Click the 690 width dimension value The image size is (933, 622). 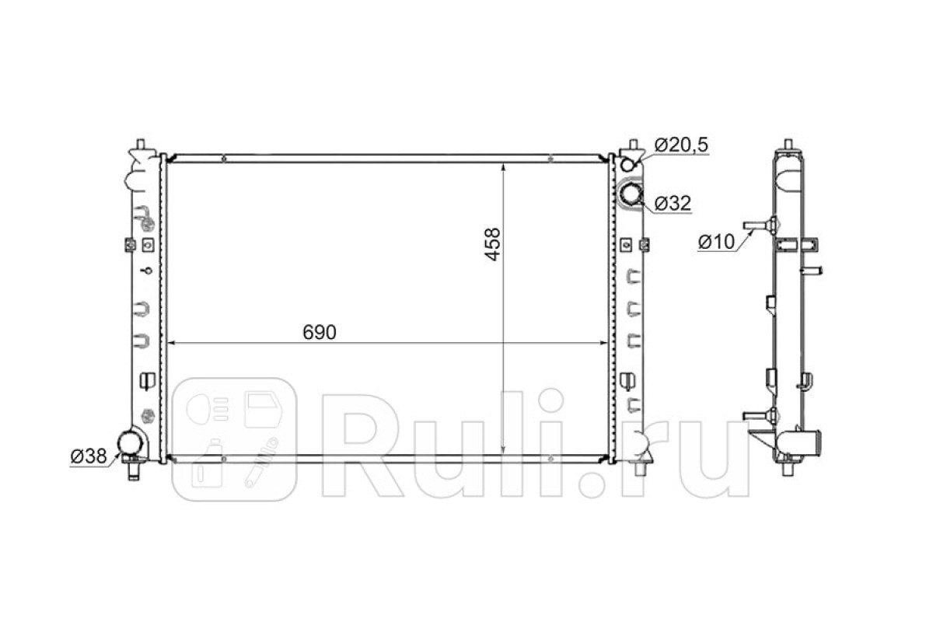tap(320, 333)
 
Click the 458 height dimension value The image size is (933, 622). tap(493, 245)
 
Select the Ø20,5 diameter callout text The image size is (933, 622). tap(681, 145)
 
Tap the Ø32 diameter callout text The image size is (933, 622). tap(673, 203)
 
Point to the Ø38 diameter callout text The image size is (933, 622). tap(89, 456)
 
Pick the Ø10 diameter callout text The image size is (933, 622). tap(716, 242)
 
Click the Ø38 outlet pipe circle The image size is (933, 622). tap(131, 443)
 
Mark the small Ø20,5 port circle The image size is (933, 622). tap(627, 165)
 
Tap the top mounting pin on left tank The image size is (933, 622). tap(141, 144)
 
